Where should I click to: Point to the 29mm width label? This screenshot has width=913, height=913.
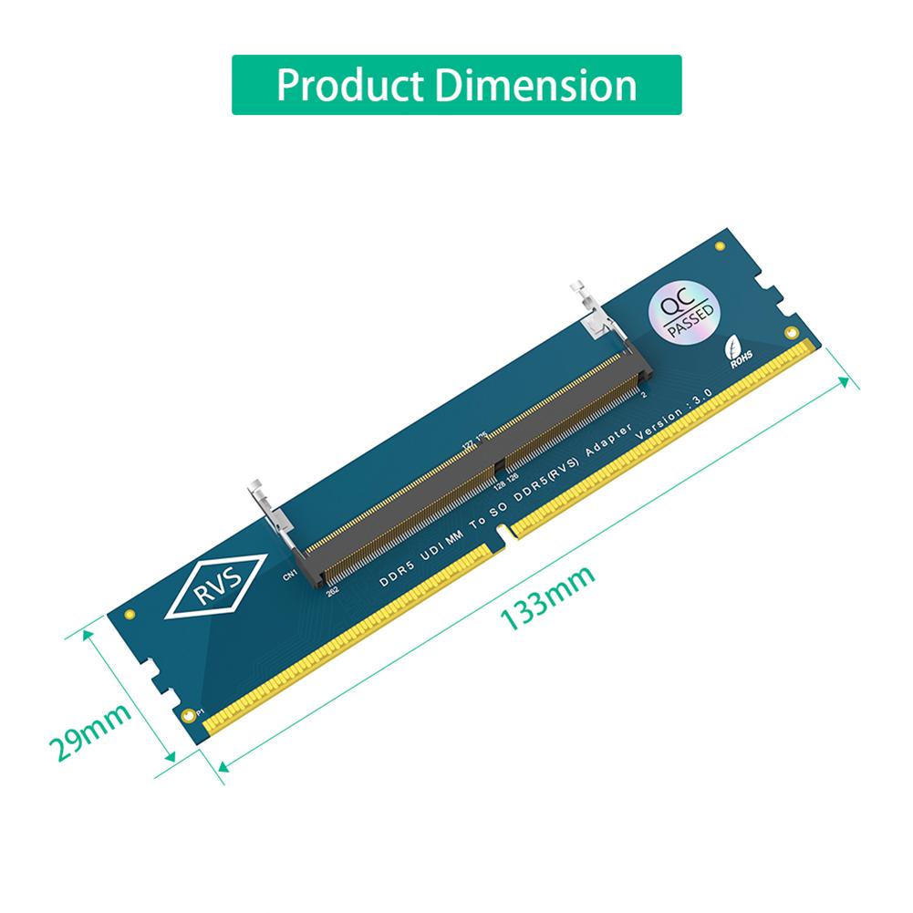[88, 731]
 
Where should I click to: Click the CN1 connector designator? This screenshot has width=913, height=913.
[290, 575]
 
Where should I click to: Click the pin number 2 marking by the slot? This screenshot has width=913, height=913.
[644, 394]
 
